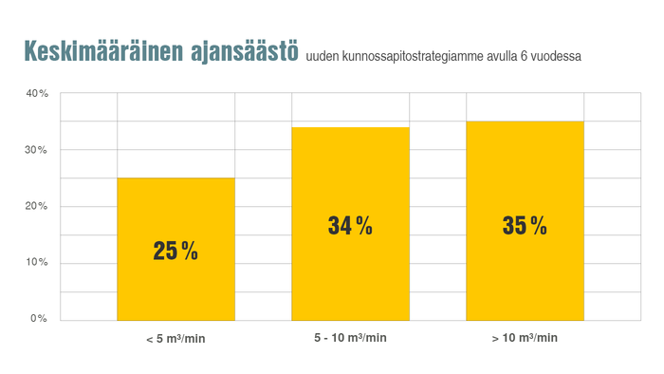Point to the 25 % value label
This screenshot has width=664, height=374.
[175, 252]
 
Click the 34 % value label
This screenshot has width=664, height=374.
[350, 226]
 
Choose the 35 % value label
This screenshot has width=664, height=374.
[525, 226]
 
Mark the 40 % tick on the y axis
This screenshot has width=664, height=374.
[38, 94]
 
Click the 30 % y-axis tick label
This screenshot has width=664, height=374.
[38, 150]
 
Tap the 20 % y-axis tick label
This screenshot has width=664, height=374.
[38, 206]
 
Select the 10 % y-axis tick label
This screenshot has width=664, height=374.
[38, 262]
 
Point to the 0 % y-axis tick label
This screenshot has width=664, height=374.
[40, 318]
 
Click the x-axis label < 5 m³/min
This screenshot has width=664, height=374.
[175, 338]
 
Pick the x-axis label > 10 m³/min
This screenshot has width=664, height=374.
[525, 338]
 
